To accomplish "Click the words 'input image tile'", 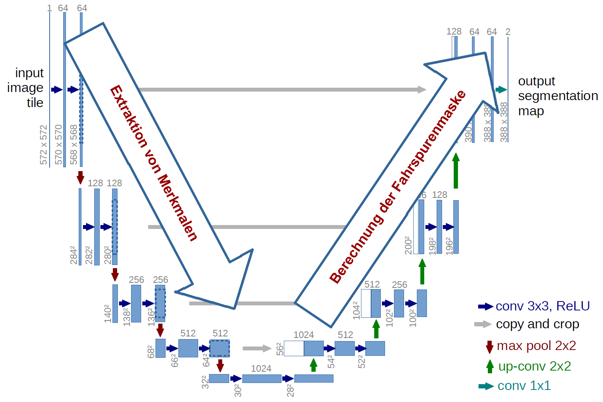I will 26,88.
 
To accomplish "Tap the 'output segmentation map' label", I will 557,96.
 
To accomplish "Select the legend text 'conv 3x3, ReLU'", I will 542,306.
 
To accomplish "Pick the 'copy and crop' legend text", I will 537,324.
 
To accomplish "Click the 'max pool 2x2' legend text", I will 536,346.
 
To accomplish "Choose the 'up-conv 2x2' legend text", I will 534,366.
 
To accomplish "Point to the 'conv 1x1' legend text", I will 524,386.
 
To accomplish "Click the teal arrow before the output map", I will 501,90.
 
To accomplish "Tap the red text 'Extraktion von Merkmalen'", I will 154,163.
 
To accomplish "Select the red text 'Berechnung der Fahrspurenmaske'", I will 397,186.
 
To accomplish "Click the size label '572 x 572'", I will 43,145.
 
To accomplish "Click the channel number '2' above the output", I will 508,32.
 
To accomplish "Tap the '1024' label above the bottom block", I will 261,369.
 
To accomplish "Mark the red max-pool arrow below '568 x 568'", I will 80,177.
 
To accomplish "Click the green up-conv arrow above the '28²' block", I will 314,365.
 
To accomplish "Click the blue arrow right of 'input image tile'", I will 57,90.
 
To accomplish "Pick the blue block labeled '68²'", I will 160,348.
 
